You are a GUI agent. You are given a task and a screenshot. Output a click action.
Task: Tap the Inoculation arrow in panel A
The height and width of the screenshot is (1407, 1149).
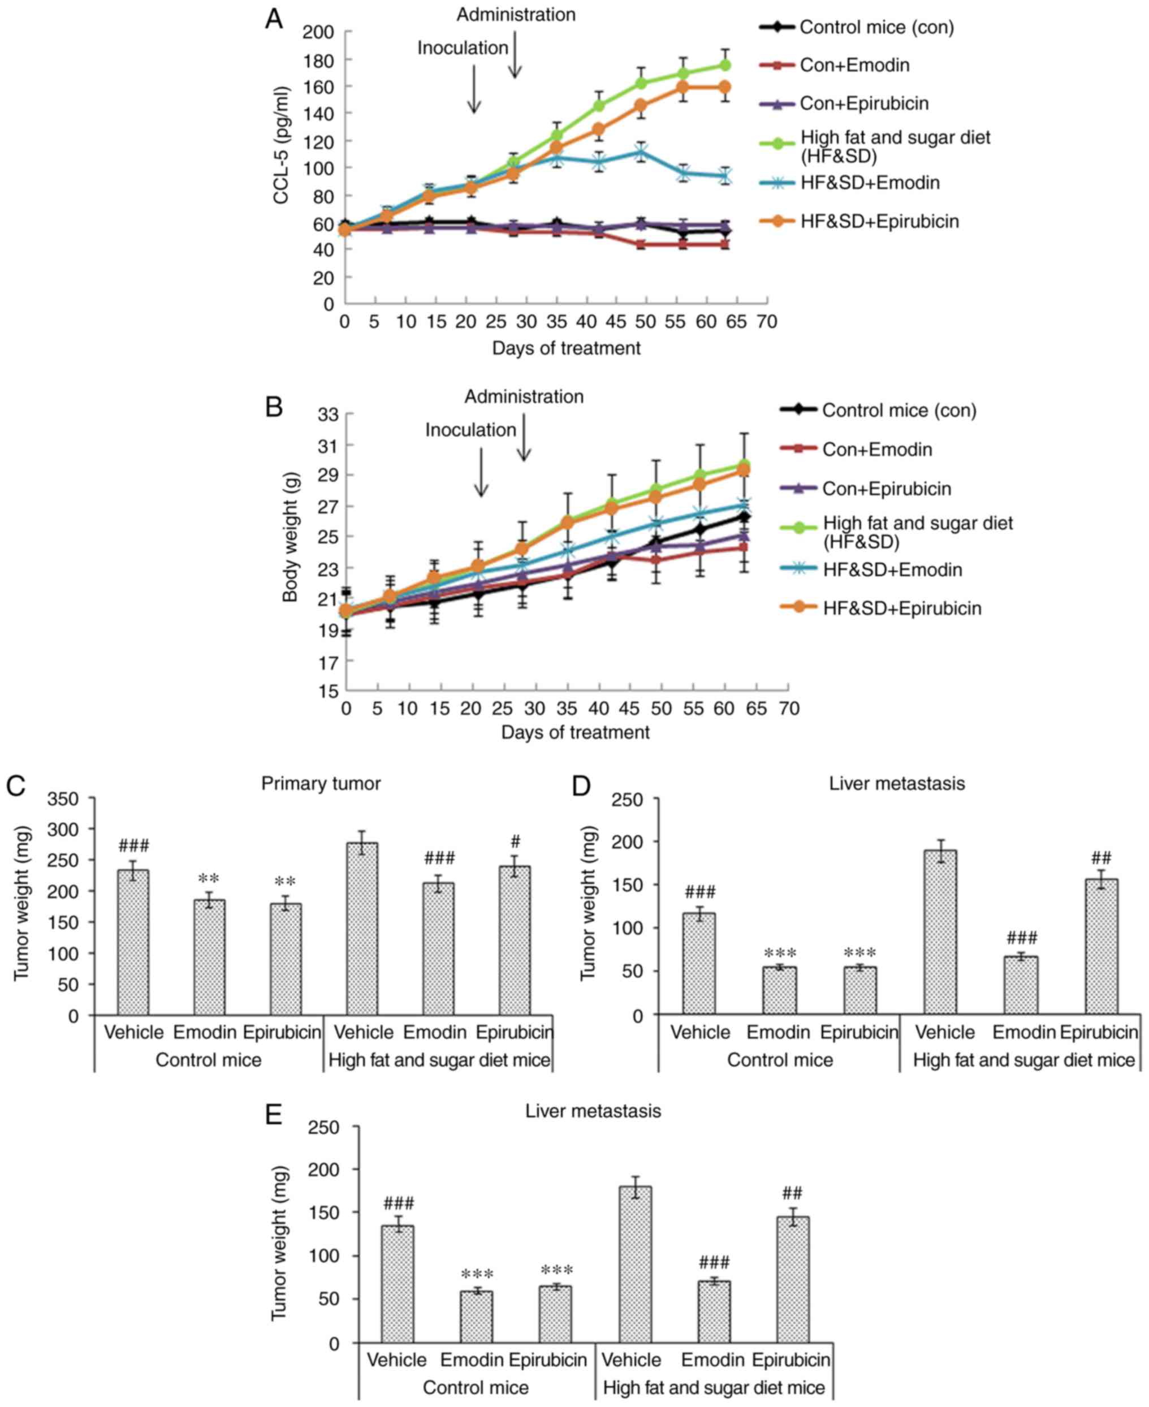coord(474,89)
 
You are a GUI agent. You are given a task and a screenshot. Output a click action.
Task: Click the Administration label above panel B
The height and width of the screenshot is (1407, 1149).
coord(524,397)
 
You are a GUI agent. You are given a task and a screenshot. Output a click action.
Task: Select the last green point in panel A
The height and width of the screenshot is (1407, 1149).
coord(725,65)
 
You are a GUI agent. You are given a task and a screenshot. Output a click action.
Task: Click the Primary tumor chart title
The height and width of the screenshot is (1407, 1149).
coord(321,784)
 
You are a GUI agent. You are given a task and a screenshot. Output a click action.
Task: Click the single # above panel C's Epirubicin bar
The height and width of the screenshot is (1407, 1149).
coord(516,842)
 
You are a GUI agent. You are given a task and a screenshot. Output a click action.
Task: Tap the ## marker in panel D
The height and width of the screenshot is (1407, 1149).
coord(1102,858)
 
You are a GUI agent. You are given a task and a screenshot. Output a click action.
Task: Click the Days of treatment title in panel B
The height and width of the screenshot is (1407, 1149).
coord(575,732)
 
